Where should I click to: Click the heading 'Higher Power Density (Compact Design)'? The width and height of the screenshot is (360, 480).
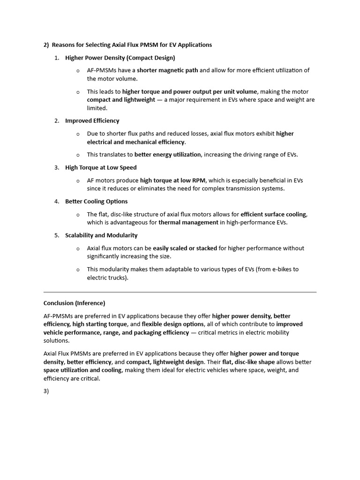point(120,58)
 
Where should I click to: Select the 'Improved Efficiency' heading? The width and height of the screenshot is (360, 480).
point(92,121)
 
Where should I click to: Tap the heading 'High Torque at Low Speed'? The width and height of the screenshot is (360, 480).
point(101,167)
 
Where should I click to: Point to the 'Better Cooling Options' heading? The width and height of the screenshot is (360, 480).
point(96,202)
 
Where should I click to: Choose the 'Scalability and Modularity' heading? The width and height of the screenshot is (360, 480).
point(101,235)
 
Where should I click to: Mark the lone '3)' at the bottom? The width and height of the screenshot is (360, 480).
point(46,391)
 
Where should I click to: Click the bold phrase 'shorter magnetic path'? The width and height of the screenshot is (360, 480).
point(167,70)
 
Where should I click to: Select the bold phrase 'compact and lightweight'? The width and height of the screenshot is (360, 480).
point(121,100)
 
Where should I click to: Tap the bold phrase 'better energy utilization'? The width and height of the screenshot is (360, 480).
point(168,155)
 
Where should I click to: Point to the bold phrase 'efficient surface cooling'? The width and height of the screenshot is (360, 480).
point(273,214)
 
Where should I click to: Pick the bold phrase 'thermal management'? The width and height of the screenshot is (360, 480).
point(188,223)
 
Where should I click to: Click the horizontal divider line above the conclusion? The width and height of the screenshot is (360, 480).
point(180,292)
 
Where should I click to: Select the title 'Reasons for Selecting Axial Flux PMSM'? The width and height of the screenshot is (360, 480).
point(112,45)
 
